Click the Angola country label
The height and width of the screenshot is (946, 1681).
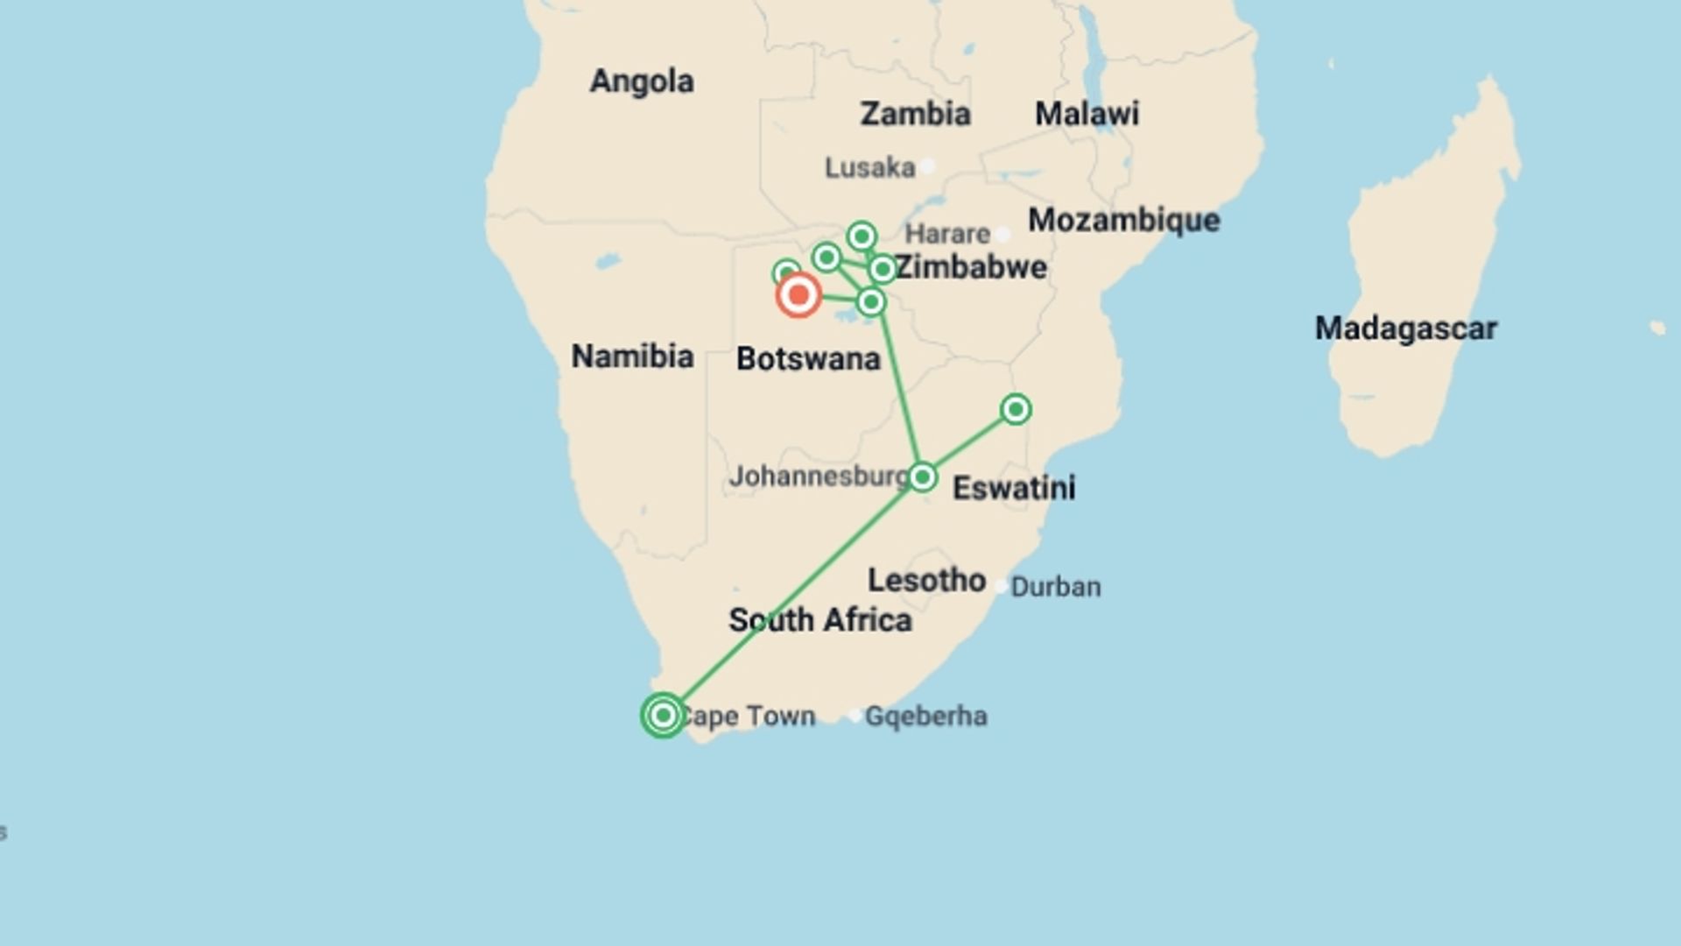coord(642,81)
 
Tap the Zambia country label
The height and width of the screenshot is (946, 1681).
coord(915,114)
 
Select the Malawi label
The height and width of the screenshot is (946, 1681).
coord(1087,114)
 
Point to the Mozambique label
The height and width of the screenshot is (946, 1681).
coord(1123,221)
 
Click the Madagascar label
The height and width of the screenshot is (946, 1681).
coord(1405,328)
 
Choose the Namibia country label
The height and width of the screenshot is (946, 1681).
coord(632,357)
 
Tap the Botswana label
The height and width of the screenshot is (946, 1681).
coord(807,359)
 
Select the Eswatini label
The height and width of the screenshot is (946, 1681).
coord(1014,488)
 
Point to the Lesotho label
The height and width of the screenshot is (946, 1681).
coord(926,580)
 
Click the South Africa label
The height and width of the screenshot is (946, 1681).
coord(820,620)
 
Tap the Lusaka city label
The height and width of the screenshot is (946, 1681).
coord(869,167)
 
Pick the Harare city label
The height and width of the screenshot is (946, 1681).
coord(946,234)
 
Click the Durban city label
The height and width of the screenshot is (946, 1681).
coord(1056,587)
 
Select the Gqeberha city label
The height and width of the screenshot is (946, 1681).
coord(925,717)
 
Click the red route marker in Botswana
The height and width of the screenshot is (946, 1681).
coord(798,295)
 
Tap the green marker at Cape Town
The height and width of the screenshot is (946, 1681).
coord(663,716)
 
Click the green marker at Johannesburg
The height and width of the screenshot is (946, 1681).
coord(922,477)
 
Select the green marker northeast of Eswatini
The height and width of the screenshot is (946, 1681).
coord(1016,409)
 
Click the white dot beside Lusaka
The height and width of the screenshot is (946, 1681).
coord(927,166)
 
